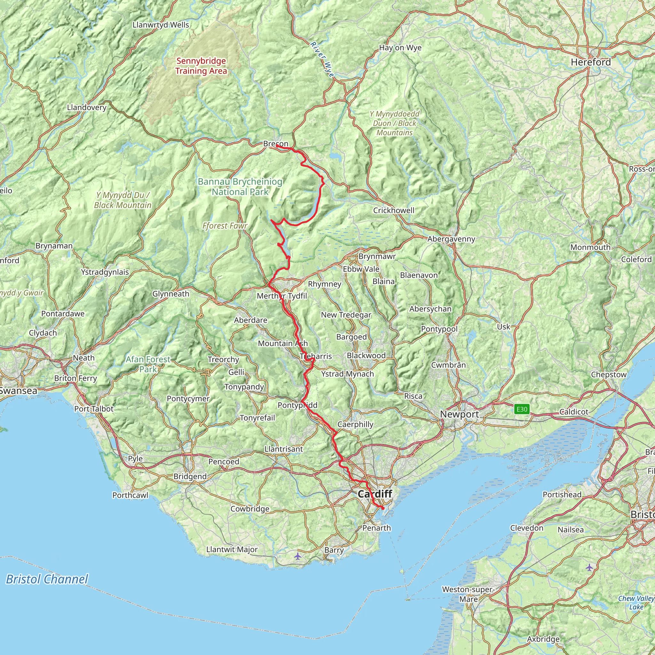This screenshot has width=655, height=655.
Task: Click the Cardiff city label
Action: pos(375,493)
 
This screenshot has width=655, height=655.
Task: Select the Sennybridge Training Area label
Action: pos(201,66)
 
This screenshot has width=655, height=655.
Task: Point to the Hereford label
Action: pos(591,62)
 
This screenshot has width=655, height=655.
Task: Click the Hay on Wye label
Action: pos(400,48)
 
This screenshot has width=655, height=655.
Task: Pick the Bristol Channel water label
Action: pos(47,579)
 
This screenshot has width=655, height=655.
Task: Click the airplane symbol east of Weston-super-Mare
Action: pos(589,567)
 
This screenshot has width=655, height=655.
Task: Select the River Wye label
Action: pos(322,60)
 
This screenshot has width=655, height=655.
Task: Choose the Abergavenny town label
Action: pos(451,239)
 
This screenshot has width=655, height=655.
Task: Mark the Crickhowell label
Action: pos(394,210)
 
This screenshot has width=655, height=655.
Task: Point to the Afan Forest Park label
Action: pos(148,364)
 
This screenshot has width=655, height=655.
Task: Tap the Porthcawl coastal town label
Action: pos(130,495)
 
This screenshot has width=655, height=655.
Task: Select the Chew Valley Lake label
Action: pos(636,603)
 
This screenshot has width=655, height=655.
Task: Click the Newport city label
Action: pos(459,414)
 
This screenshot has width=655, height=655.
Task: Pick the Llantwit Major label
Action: pos(232,549)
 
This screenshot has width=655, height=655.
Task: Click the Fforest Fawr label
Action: pos(225,225)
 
